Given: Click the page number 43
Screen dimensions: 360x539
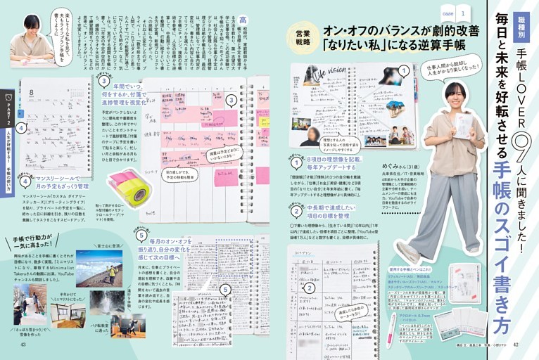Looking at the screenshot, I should tap(23, 345).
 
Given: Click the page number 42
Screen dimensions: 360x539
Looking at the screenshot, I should tap(516, 345).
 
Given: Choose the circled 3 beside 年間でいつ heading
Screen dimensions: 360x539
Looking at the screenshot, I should tap(103, 81).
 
